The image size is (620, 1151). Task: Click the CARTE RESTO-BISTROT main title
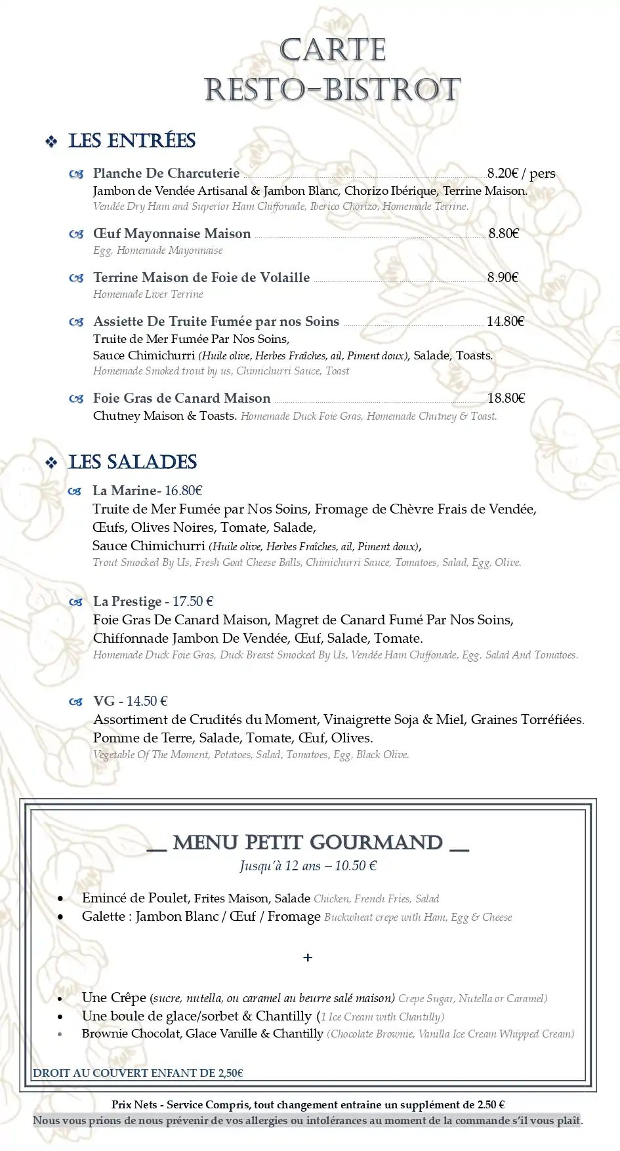pos(333,70)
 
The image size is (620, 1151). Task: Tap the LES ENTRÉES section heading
pos(132,141)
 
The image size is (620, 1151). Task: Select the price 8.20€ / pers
pos(521,173)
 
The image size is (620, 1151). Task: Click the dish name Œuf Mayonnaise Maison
pos(172,234)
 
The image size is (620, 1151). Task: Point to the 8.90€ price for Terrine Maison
pos(503,277)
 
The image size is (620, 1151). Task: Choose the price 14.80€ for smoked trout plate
pos(505,321)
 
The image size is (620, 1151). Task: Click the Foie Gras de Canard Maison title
pos(182,398)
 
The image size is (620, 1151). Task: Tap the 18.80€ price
pos(506,398)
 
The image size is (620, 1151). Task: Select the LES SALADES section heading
pos(133,462)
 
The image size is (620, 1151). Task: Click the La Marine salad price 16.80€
pos(184,491)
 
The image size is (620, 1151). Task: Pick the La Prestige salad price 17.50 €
pos(193,601)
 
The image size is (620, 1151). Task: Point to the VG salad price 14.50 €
pos(147,701)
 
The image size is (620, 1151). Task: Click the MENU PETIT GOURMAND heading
pos(308,843)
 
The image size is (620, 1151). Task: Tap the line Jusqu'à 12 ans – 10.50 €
pos(308,866)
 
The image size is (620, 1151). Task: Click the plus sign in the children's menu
pos(308,958)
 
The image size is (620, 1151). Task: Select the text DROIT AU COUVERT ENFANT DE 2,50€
pos(138,1073)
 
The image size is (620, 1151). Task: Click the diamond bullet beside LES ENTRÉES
pos(51,142)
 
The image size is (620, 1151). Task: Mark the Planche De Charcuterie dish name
pos(166,174)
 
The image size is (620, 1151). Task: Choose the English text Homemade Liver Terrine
pos(148,294)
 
